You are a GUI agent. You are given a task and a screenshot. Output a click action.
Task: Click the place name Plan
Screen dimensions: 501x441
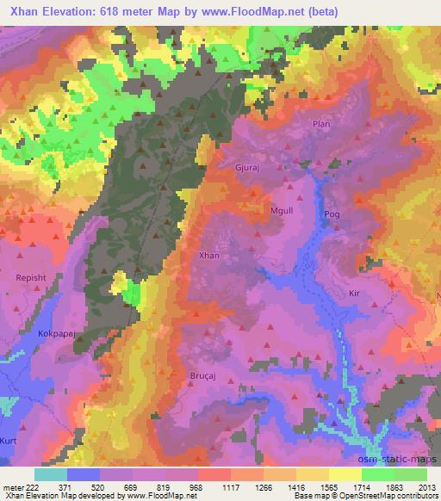(320, 124)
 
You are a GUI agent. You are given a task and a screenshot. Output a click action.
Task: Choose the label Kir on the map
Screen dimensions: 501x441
(352, 294)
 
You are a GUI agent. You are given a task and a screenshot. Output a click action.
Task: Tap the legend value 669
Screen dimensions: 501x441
(131, 487)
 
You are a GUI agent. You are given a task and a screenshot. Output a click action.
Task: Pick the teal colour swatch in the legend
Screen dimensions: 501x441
(51, 474)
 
